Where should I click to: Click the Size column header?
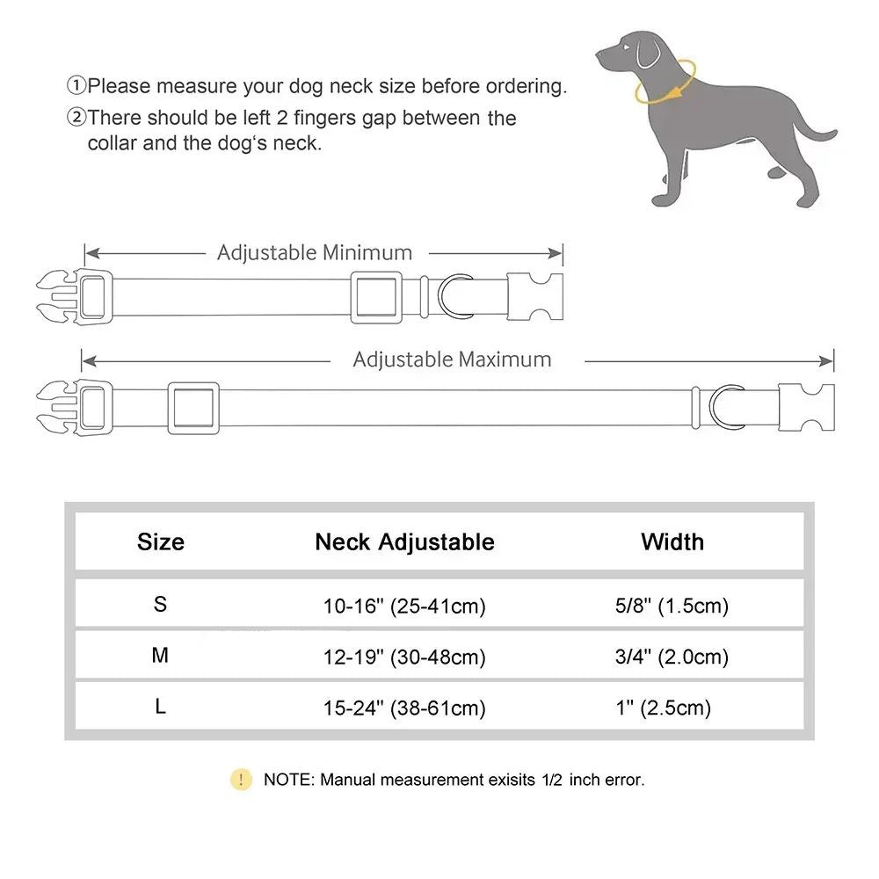(161, 541)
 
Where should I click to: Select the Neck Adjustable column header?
(404, 541)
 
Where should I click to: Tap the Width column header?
(672, 541)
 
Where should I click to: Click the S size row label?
(160, 605)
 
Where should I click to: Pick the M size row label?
(160, 656)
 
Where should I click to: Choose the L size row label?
(160, 707)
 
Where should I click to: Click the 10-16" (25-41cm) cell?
(404, 606)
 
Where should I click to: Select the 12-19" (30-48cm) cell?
(404, 657)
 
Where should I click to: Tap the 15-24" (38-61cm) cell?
(404, 708)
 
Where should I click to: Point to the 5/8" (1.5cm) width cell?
(672, 606)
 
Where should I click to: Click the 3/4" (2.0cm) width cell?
(672, 657)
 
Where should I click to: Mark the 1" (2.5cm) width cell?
(665, 708)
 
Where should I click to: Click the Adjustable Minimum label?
(315, 253)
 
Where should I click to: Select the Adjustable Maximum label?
(452, 360)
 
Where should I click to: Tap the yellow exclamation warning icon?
(241, 779)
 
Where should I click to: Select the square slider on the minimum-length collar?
(375, 297)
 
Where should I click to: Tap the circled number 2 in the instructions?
(77, 118)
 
